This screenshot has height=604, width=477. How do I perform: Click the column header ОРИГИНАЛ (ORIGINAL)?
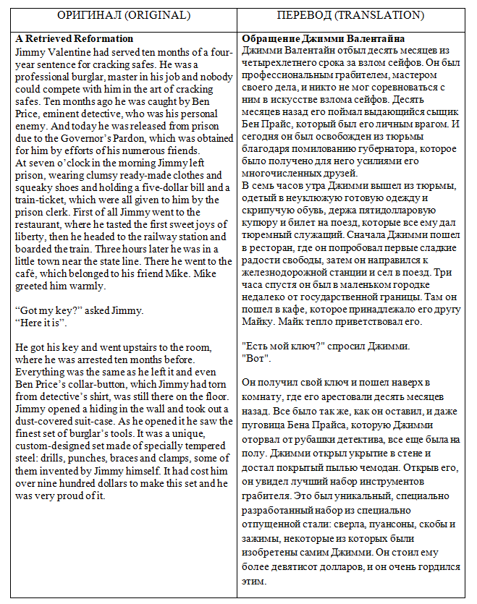point(124,14)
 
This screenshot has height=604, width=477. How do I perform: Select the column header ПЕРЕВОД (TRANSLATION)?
point(350,14)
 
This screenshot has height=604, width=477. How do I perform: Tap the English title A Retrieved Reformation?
point(75,38)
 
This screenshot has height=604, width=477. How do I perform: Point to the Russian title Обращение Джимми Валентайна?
point(323,38)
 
